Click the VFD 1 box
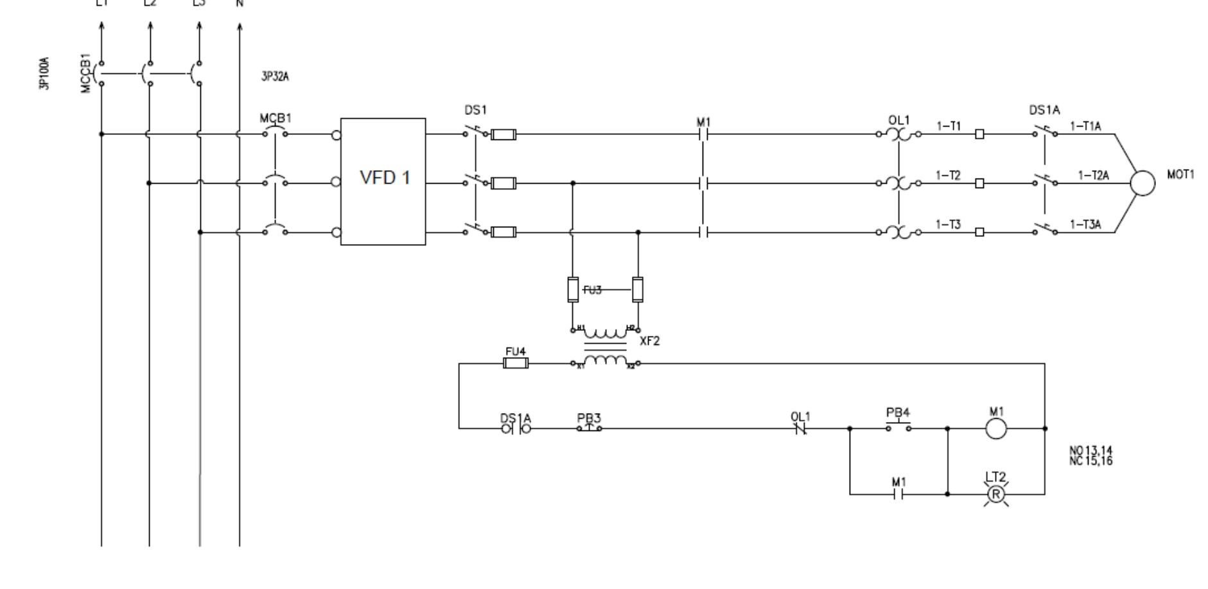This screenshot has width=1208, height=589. click(x=383, y=180)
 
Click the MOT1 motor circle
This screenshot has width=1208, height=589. click(x=1142, y=183)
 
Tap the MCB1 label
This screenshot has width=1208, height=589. click(x=275, y=119)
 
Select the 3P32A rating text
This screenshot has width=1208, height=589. click(x=275, y=77)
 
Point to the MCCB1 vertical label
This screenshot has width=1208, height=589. click(x=86, y=73)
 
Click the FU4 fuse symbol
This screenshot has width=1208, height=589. click(x=516, y=364)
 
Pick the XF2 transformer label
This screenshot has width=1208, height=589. click(x=649, y=341)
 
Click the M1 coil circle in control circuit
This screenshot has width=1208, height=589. click(x=995, y=428)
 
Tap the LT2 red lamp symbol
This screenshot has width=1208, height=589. click(x=995, y=494)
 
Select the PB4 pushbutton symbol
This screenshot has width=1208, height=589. click(x=898, y=426)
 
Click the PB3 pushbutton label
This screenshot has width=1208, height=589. click(x=589, y=418)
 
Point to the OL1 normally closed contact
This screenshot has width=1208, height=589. click(x=800, y=428)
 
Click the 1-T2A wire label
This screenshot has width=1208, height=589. click(x=1093, y=175)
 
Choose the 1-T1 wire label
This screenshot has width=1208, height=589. click(x=948, y=126)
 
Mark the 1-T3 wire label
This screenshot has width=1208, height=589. click(x=948, y=224)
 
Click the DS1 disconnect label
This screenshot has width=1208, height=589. click(x=475, y=110)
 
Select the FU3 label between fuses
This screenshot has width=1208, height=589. click(x=594, y=290)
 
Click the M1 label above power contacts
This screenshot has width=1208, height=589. click(x=704, y=122)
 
